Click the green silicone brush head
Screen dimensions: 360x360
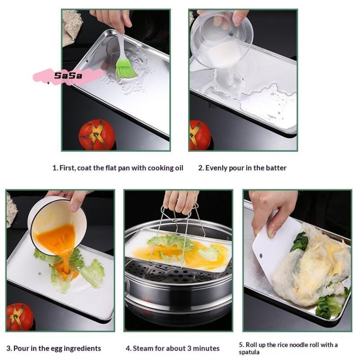(126, 68)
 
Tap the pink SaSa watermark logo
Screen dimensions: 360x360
(68, 76)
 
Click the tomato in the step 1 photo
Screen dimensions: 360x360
(97, 134)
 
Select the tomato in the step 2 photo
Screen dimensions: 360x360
(199, 135)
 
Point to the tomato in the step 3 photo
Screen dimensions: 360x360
(19, 316)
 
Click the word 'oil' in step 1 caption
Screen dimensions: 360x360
(179, 168)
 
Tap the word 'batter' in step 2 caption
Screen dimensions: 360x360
(275, 168)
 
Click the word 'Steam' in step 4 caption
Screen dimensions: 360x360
(143, 348)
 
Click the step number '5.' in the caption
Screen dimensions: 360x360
(241, 345)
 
